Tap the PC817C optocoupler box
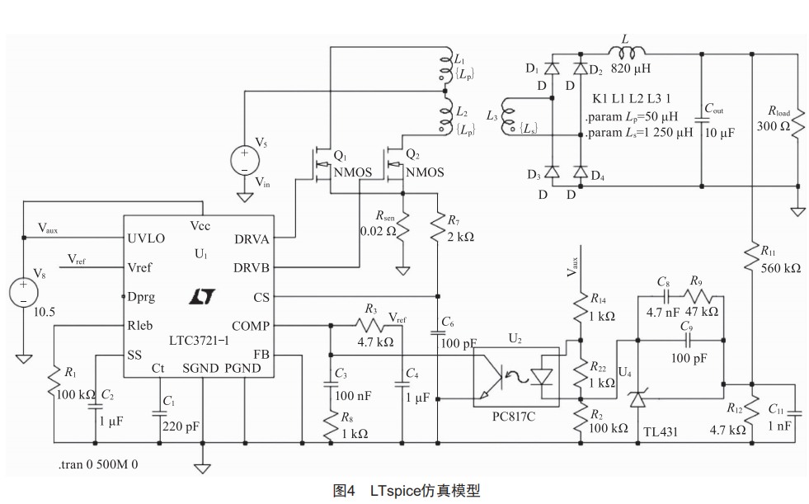pos(516,376)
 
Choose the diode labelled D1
pos(552,68)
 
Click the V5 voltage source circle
pos(245,158)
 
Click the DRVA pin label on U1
pos(251,238)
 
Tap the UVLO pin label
pos(146,238)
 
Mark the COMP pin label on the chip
pos(250,326)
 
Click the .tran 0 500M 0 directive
pos(98,464)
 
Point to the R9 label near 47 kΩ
pos(696,281)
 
